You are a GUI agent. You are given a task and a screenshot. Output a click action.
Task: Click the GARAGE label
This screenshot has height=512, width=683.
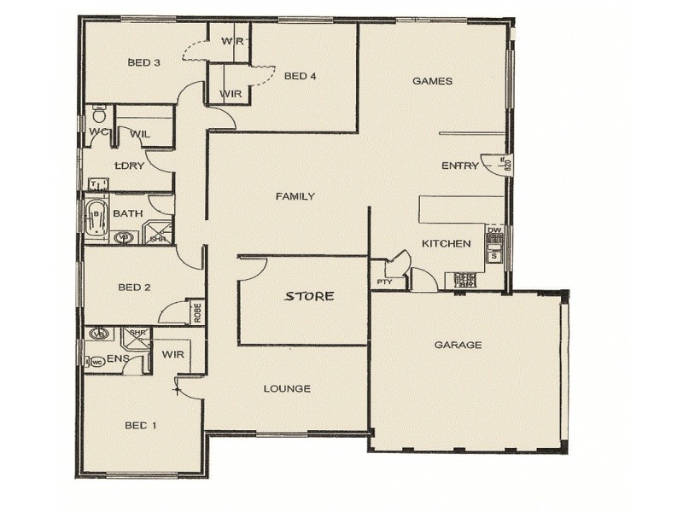(x=458, y=346)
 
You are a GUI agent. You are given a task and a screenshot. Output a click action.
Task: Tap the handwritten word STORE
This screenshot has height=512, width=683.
(x=309, y=296)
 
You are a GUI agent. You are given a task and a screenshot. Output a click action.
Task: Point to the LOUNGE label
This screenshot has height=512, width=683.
(x=286, y=389)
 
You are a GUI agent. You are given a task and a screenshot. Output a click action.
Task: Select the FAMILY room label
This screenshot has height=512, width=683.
(x=295, y=196)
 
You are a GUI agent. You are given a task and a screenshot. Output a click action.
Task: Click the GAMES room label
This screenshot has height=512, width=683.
(x=432, y=81)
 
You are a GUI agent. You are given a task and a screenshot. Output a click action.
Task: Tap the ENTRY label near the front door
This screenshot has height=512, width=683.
(x=459, y=166)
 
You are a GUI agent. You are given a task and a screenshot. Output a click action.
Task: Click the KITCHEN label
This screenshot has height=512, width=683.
(x=446, y=244)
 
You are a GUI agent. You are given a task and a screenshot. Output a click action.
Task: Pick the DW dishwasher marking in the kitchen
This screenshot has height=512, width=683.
(x=493, y=230)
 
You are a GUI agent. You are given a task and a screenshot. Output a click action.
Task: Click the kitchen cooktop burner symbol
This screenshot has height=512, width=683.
(x=465, y=278)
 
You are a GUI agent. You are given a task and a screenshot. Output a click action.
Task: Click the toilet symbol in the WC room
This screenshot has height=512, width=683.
(x=98, y=113)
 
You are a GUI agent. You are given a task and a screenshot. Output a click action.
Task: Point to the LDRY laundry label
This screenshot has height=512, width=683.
(x=129, y=166)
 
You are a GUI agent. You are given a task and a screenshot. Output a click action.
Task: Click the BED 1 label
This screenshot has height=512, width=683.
(x=141, y=425)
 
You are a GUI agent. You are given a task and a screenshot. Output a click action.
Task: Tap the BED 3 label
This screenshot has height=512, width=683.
(x=144, y=62)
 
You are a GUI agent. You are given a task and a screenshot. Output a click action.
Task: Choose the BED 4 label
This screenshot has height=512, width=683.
(x=301, y=76)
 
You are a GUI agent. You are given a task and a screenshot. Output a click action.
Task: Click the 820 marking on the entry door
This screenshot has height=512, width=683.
(x=507, y=165)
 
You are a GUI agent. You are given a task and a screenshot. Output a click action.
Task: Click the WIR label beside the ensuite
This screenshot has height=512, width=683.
(x=173, y=353)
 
